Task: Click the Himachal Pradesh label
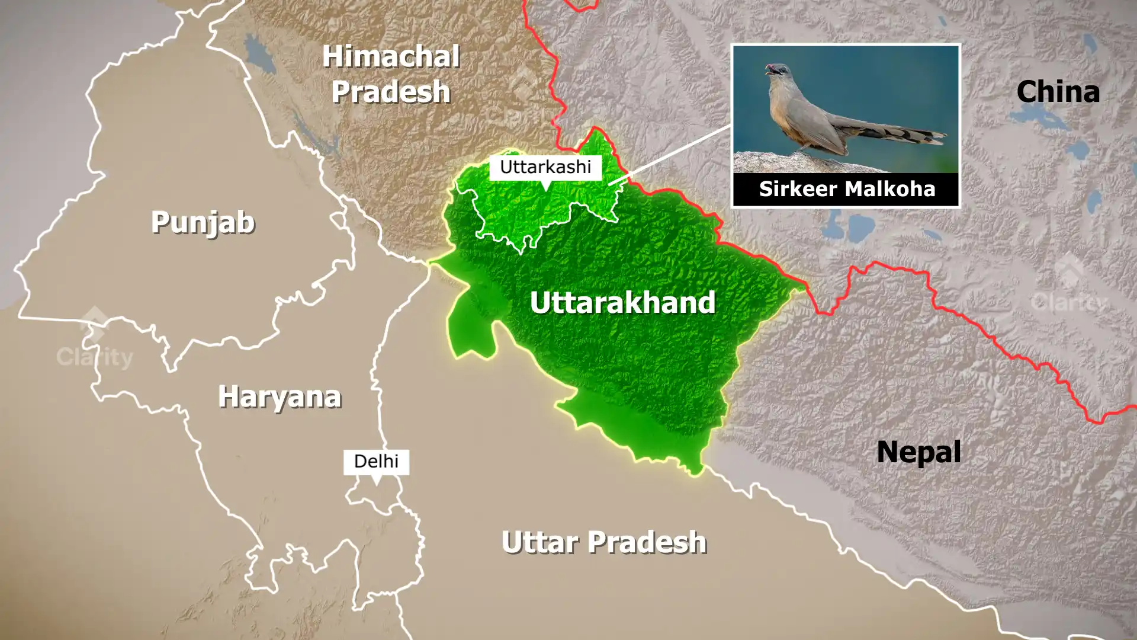point(391,74)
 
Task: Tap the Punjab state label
point(203,222)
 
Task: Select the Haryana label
point(280,396)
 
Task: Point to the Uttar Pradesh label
point(603,542)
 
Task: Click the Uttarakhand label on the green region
point(622,302)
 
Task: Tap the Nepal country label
point(918,452)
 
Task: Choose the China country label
point(1058,92)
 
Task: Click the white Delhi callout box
point(376,461)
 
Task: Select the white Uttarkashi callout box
point(545,167)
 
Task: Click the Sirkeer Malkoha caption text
point(847,189)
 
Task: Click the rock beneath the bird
point(788,161)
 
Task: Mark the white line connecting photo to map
point(669,155)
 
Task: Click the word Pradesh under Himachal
point(391,92)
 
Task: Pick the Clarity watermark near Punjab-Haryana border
point(95,350)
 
